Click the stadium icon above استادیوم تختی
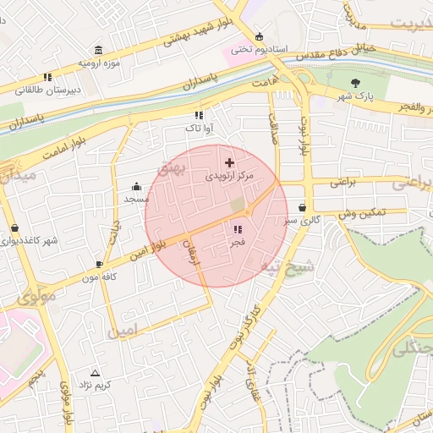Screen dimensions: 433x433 (259, 37)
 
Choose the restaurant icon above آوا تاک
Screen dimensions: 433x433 (199, 115)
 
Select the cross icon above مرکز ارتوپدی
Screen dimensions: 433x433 (229, 162)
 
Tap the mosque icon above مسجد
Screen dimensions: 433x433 (136, 187)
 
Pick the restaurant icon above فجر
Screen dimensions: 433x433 (237, 229)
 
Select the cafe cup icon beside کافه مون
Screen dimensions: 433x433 (100, 264)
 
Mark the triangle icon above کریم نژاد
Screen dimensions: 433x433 (94, 372)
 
